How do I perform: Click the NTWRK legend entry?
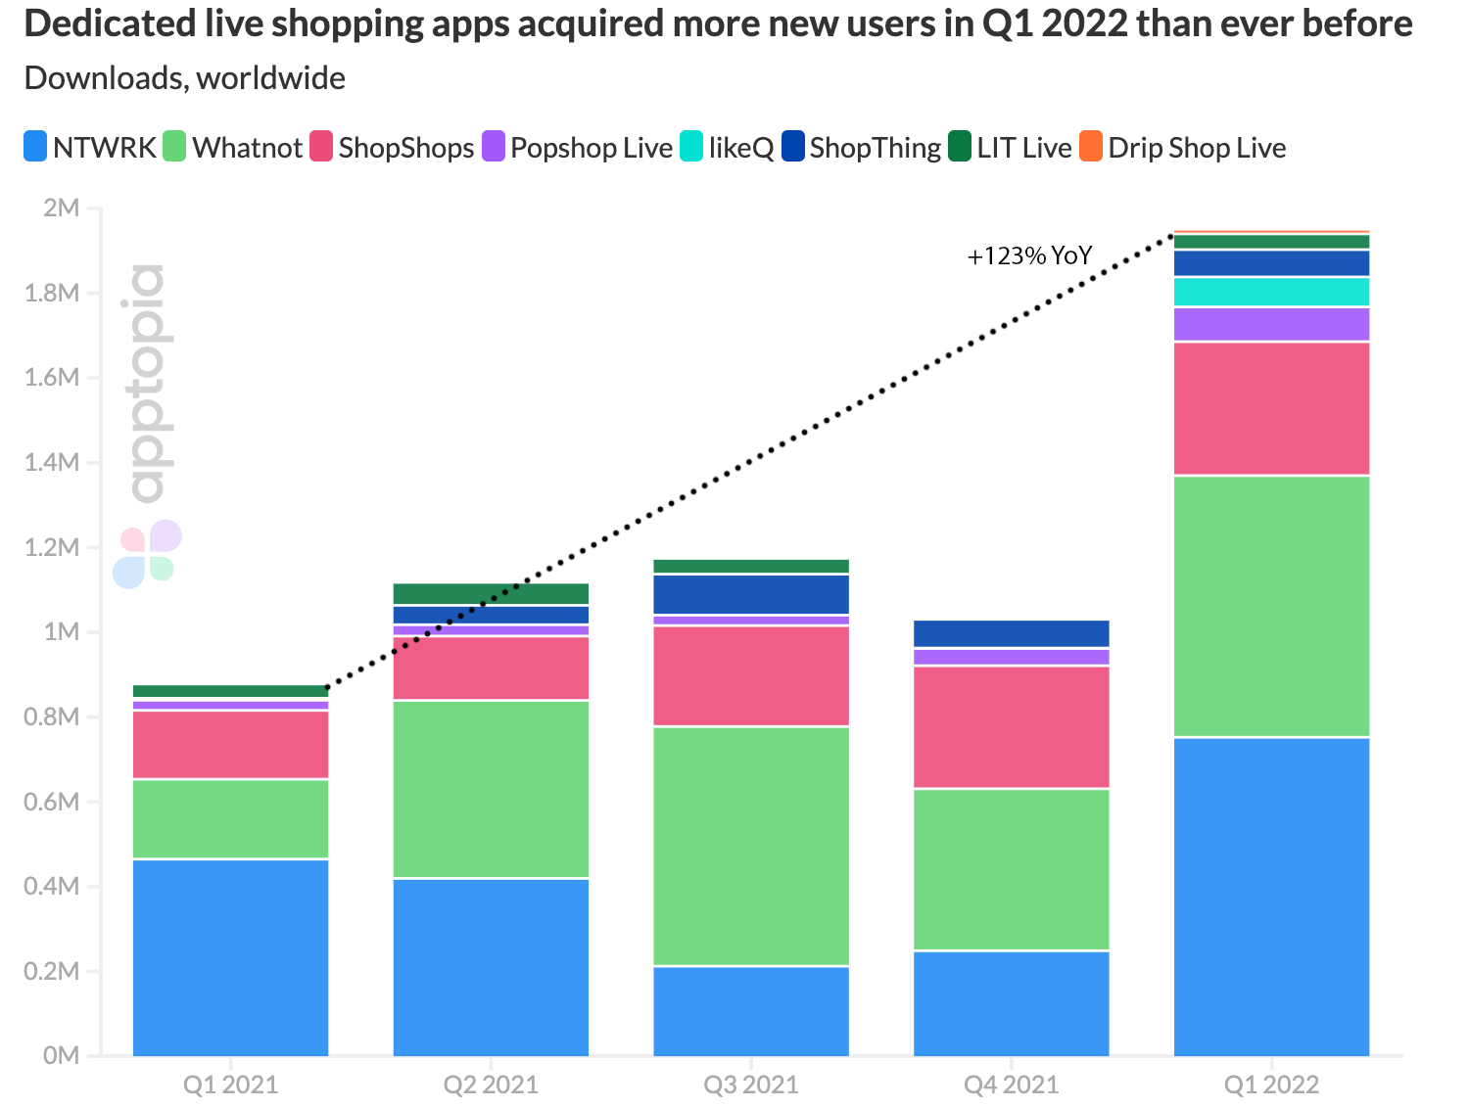coord(90,148)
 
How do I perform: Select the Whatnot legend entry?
coord(233,148)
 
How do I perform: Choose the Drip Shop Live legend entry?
coord(1183,148)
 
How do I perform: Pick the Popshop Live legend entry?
coord(578,148)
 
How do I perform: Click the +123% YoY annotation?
coord(1029,256)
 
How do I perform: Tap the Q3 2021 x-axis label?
coord(751,1085)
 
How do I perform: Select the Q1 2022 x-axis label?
coord(1271,1085)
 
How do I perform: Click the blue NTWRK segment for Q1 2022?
coord(1271,896)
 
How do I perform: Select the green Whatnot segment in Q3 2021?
coord(751,846)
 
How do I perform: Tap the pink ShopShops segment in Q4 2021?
coord(1012,726)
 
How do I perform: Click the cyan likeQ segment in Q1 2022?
coord(1271,292)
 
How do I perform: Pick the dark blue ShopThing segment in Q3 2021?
coord(751,594)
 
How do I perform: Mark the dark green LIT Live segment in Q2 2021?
coord(491,593)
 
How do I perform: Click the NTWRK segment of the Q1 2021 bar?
coord(230,956)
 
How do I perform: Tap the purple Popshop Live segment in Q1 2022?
coord(1271,324)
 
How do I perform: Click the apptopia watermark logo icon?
coord(147,554)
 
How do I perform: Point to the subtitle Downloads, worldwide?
coord(184,78)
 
